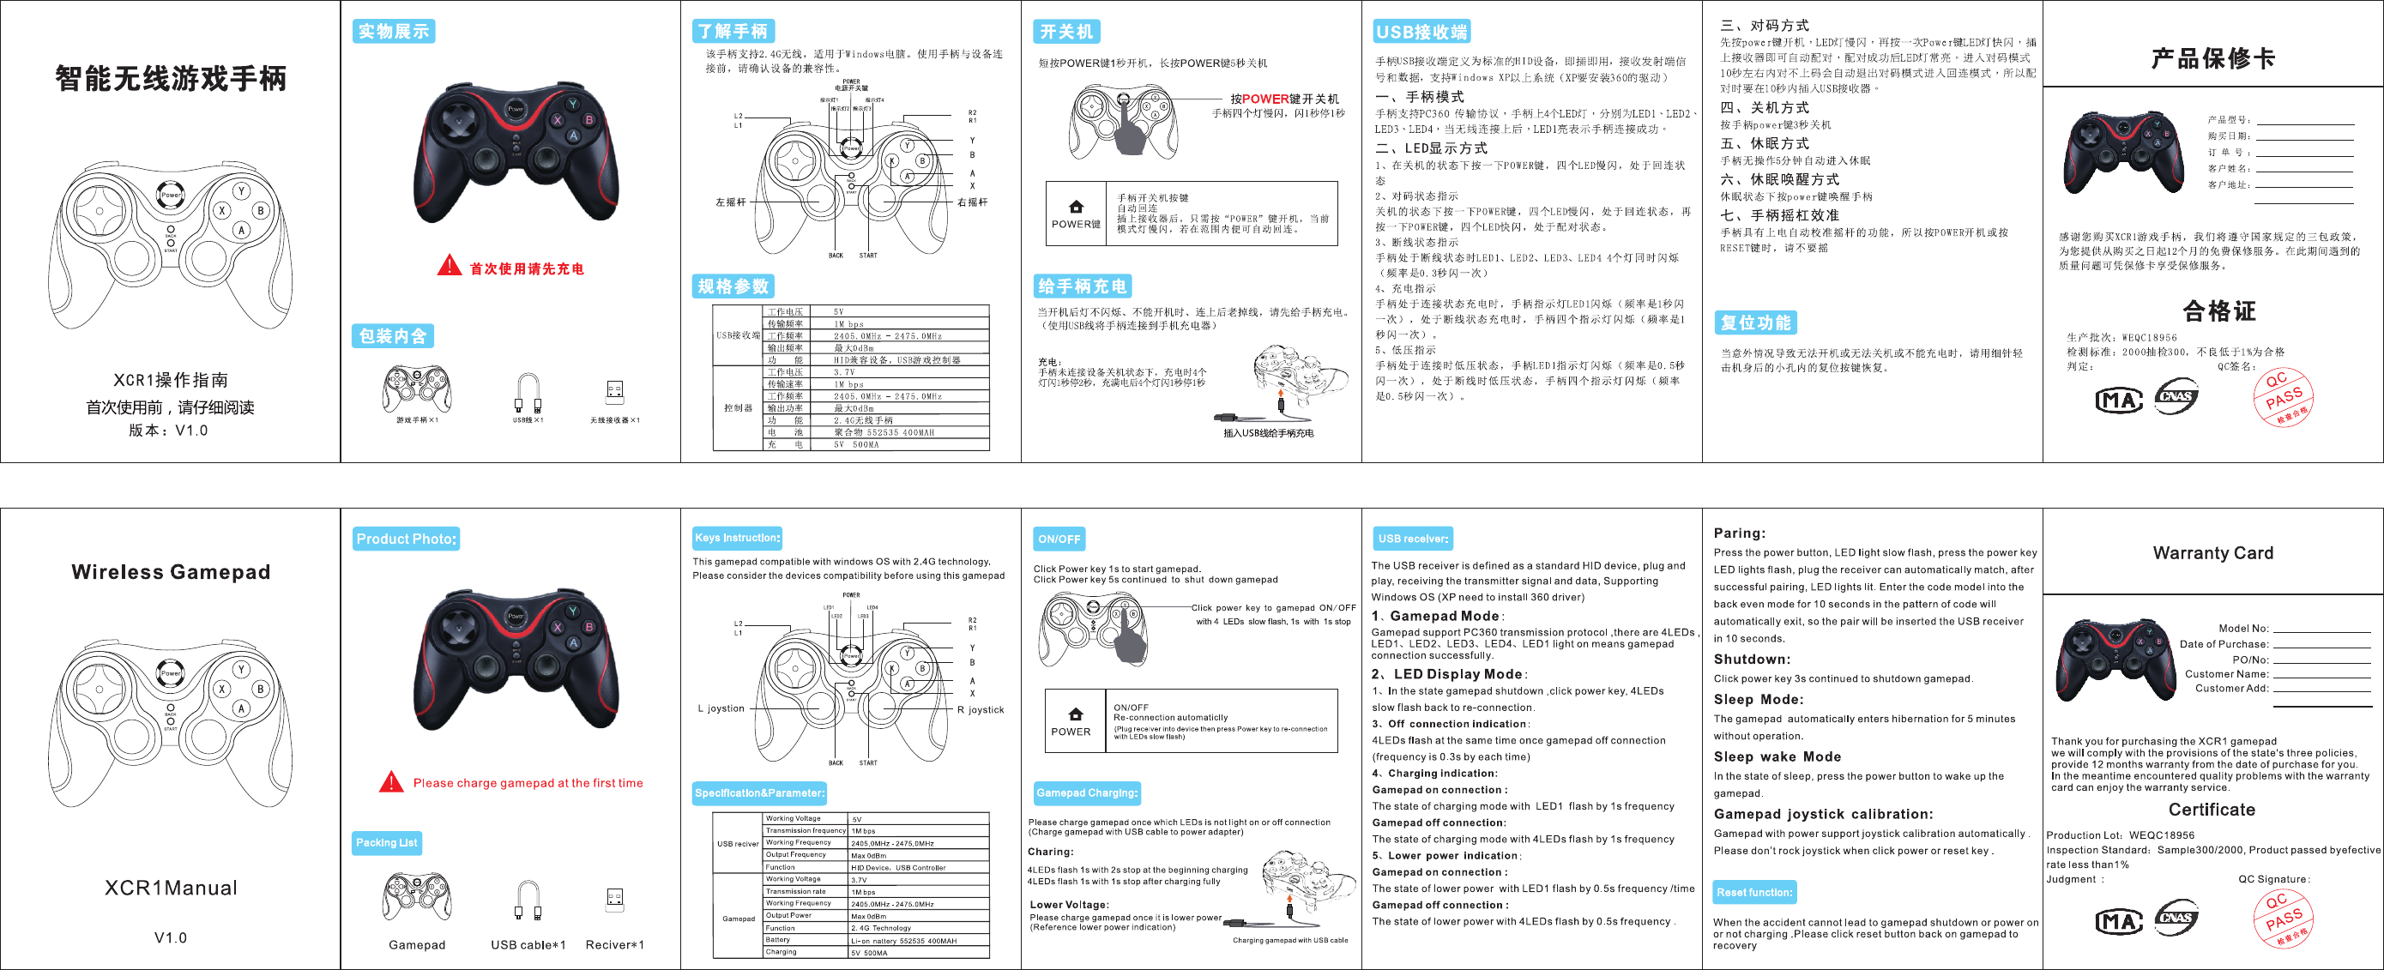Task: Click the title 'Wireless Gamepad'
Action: coord(172,572)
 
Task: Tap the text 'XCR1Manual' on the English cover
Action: coord(172,888)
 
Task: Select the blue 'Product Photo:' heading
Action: coord(407,539)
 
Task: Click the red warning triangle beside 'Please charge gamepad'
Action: coord(391,782)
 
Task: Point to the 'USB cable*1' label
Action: coord(528,945)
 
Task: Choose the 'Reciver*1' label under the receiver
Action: coord(614,945)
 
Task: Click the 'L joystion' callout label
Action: coord(721,709)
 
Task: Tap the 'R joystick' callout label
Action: coord(980,710)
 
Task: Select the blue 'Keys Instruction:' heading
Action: coord(738,538)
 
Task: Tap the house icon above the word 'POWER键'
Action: coord(1076,207)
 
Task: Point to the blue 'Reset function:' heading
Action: coord(1753,892)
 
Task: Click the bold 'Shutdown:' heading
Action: coord(1752,659)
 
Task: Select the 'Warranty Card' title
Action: coord(2212,552)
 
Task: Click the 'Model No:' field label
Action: coord(2243,629)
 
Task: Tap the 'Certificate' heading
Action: coord(2212,810)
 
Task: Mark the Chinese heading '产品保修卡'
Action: coord(2212,58)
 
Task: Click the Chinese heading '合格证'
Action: coord(2219,311)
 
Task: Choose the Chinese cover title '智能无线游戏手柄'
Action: coord(172,79)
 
